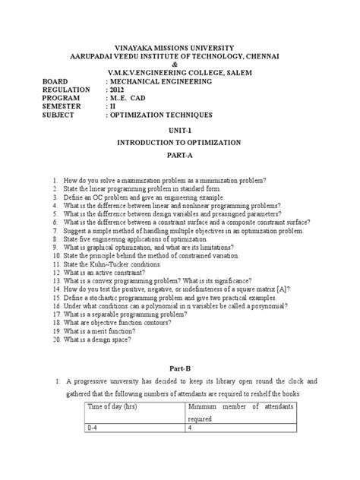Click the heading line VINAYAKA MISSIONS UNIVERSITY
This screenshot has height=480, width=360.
click(x=179, y=47)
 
